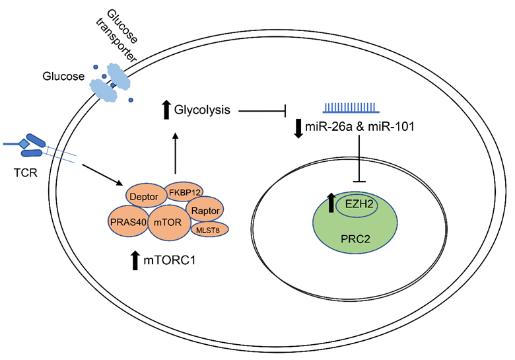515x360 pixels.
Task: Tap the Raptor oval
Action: (x=207, y=210)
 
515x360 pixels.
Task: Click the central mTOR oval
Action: (x=169, y=222)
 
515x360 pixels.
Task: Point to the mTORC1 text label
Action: (x=170, y=262)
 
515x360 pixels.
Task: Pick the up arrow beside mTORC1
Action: (x=135, y=261)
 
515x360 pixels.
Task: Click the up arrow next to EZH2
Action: (x=329, y=202)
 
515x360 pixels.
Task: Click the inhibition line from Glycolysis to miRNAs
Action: (x=263, y=110)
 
